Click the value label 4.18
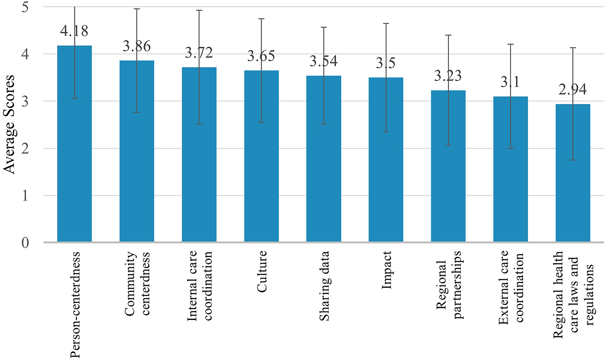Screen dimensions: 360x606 (74, 31)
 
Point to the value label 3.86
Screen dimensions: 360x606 (137, 46)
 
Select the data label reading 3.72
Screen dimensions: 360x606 (199, 53)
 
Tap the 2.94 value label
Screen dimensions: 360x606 (573, 90)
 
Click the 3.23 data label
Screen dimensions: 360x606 (448, 76)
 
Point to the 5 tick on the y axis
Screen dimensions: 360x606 (25, 7)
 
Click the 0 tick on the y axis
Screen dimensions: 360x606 (25, 243)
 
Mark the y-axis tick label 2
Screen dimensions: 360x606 (25, 148)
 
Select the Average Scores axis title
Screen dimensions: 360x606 (9, 125)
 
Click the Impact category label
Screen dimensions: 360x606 (386, 270)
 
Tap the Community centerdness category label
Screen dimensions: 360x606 (137, 283)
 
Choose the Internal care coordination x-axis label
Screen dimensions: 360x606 (199, 286)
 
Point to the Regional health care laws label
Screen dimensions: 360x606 (573, 295)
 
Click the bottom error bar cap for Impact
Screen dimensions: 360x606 (386, 131)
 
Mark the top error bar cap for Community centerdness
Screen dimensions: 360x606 (137, 9)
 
